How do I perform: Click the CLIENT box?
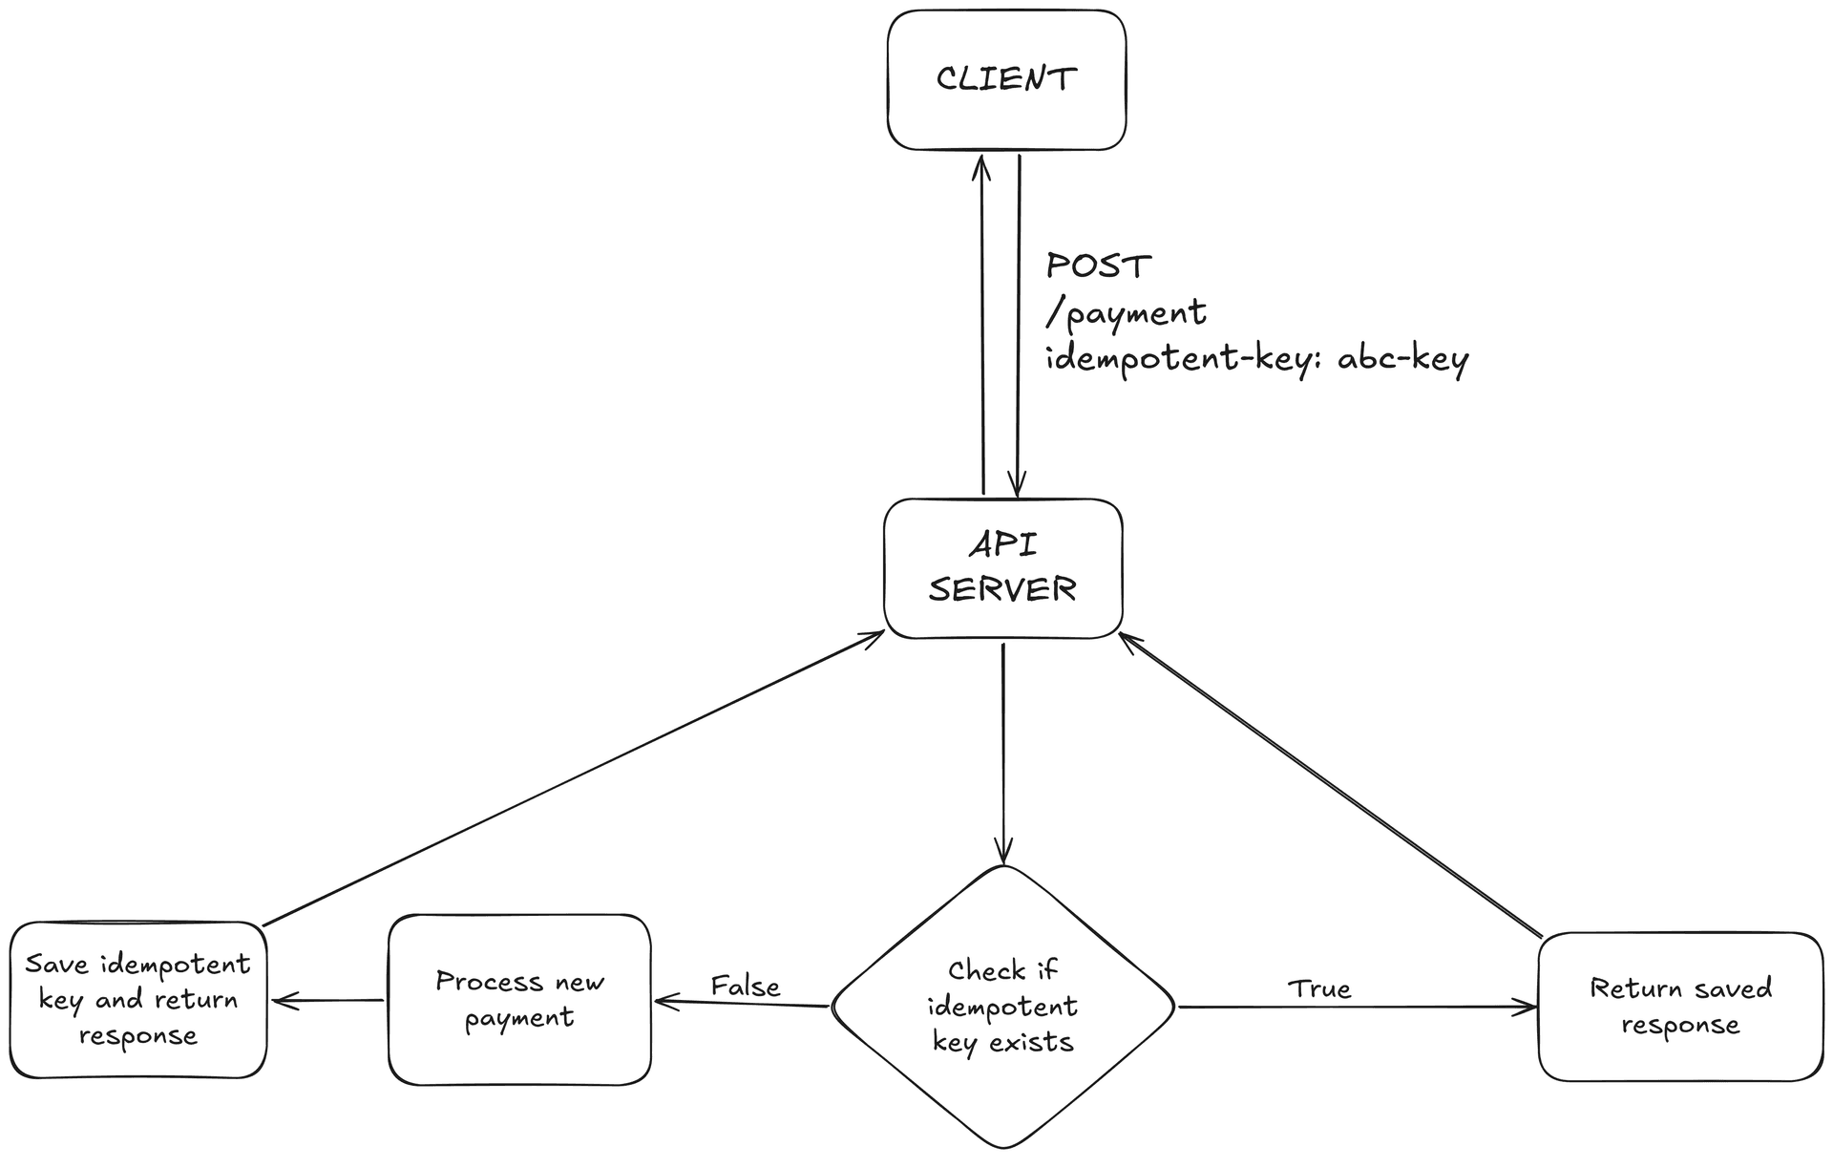coord(1006,80)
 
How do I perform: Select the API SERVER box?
coord(1002,568)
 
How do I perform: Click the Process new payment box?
coord(519,1000)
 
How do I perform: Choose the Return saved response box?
coord(1680,1007)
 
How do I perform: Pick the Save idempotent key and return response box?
coord(137,1000)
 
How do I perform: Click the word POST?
coord(1098,265)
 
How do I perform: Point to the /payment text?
coord(1127,313)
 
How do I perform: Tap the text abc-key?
coord(1402,359)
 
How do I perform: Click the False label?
coord(745,986)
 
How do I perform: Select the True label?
coord(1319,988)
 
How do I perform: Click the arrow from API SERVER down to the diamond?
coord(1002,754)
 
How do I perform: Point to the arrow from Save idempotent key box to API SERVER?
coord(573,778)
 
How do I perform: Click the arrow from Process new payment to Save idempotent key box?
coord(327,1000)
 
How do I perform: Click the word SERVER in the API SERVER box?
coord(1002,589)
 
